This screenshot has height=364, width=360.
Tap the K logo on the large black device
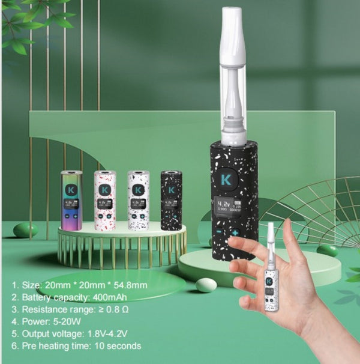226,179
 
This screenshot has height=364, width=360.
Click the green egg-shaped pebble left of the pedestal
25,230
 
